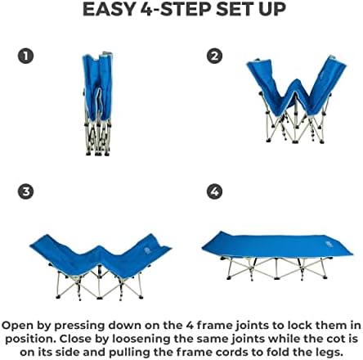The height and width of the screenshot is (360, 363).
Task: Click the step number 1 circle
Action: [x=26, y=56]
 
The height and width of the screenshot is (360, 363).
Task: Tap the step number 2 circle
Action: [x=214, y=56]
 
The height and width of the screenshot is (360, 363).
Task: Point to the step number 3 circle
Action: [x=26, y=191]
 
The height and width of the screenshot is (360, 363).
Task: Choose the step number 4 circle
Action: [x=214, y=191]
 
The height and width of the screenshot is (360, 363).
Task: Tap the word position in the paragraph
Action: [x=30, y=338]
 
